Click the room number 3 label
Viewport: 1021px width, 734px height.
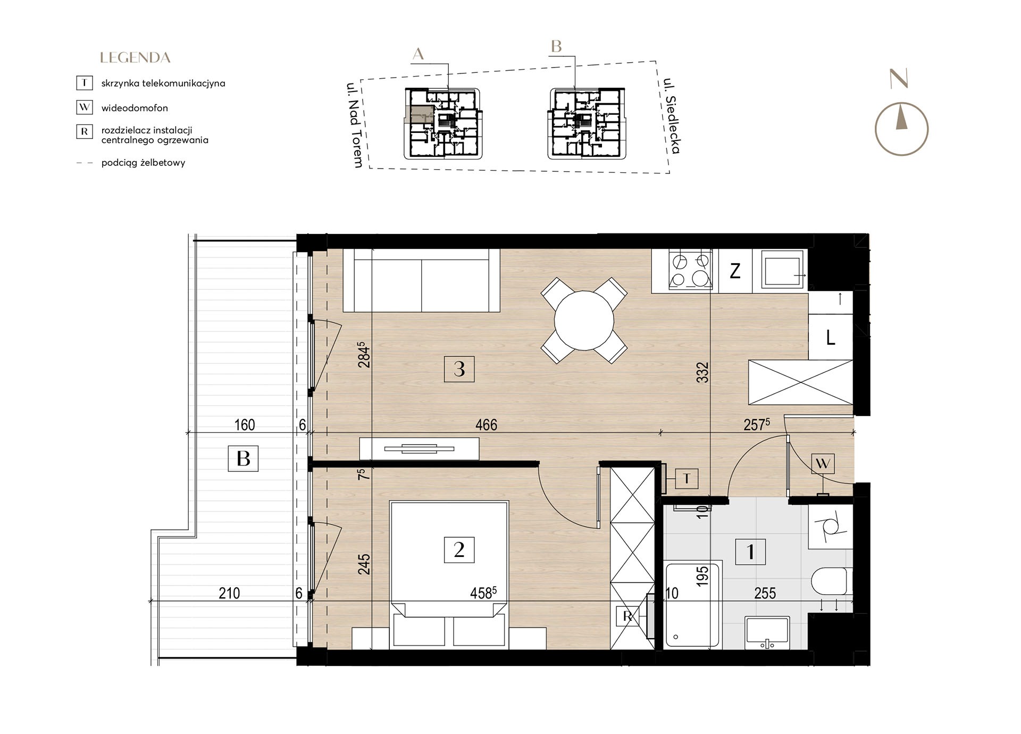click(459, 369)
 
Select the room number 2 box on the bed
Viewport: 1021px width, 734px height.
click(459, 549)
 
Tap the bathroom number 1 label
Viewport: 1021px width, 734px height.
click(750, 552)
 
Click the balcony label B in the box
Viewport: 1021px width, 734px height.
click(243, 458)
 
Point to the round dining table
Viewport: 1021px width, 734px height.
click(584, 320)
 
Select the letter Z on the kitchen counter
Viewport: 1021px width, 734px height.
click(735, 271)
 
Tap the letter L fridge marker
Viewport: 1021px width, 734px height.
click(830, 337)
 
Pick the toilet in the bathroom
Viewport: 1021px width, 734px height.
click(831, 581)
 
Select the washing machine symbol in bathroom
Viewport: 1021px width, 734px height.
click(830, 527)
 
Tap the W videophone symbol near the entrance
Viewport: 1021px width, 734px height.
click(823, 464)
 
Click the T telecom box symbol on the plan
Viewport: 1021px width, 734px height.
click(687, 479)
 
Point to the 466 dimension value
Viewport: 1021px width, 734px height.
click(486, 424)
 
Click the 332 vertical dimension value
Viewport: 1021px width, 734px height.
click(703, 372)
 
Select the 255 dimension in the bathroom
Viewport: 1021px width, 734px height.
click(765, 593)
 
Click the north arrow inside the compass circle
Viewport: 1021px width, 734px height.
click(901, 118)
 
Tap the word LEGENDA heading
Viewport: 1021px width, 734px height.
click(135, 57)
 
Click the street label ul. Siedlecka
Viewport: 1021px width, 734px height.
click(672, 116)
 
